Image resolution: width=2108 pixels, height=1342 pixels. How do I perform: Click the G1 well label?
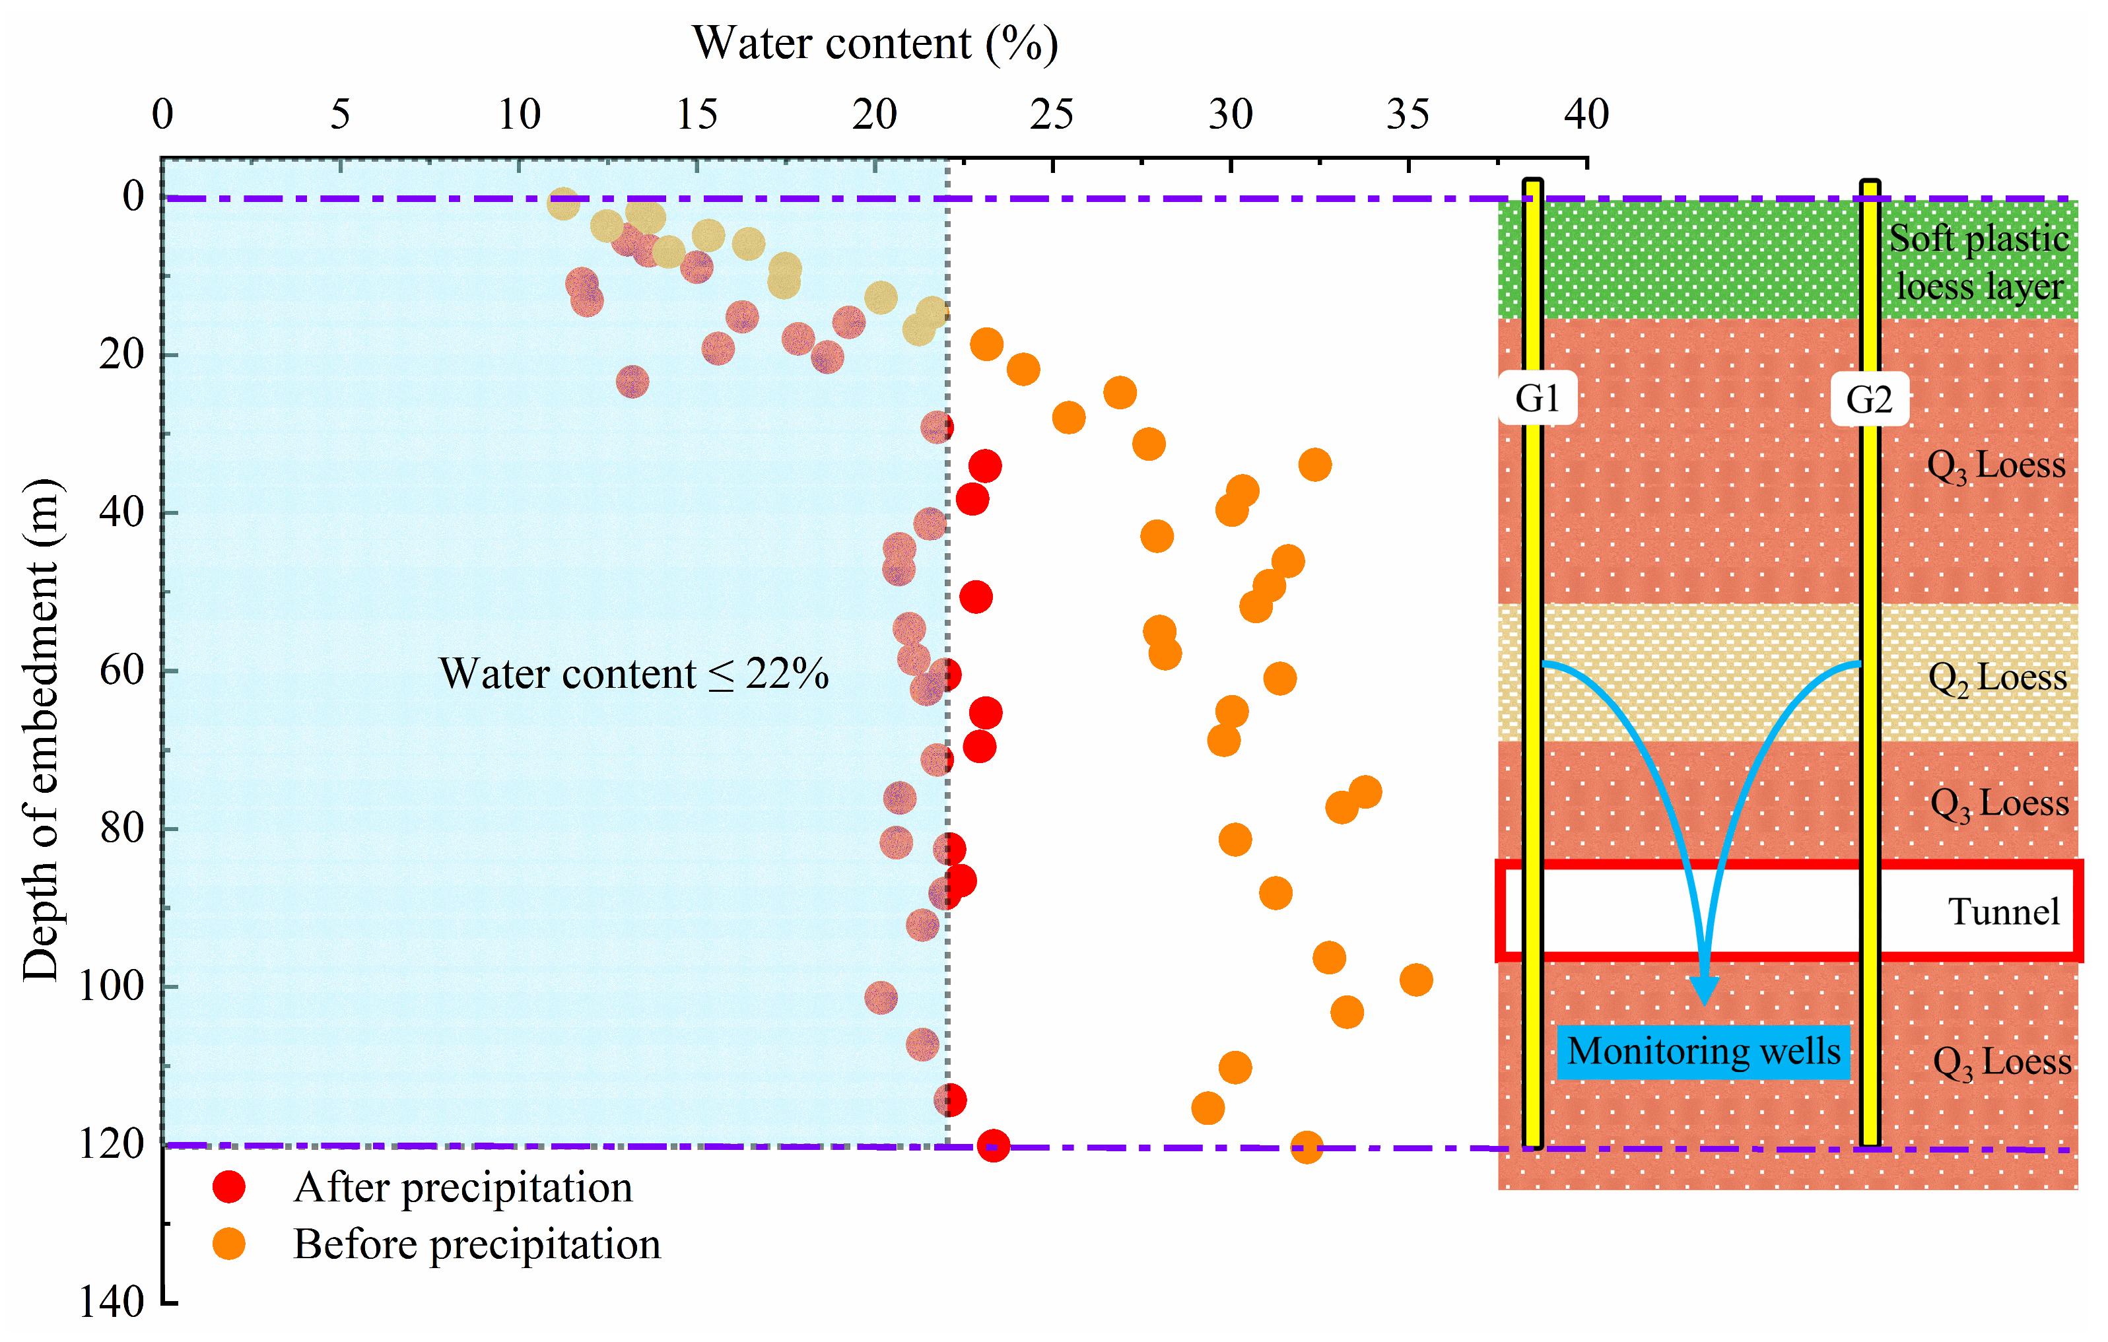point(1537,399)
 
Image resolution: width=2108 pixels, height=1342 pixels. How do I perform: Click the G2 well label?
point(1869,400)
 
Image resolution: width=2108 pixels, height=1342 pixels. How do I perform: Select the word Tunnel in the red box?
point(2003,912)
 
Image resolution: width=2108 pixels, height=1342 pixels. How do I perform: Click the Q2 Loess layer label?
point(1997,677)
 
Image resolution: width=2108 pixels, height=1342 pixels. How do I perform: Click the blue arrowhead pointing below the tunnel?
point(1703,990)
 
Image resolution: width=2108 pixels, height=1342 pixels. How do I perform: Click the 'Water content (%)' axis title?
point(875,43)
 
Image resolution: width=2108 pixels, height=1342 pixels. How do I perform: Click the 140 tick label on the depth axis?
point(111,1302)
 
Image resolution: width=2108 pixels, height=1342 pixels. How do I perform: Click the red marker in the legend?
point(229,1187)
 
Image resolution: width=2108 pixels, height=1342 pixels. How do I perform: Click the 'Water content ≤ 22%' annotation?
point(633,674)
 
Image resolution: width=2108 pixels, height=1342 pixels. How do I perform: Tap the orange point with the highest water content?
point(1415,980)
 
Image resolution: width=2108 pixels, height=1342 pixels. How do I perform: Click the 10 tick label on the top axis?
point(519,115)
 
